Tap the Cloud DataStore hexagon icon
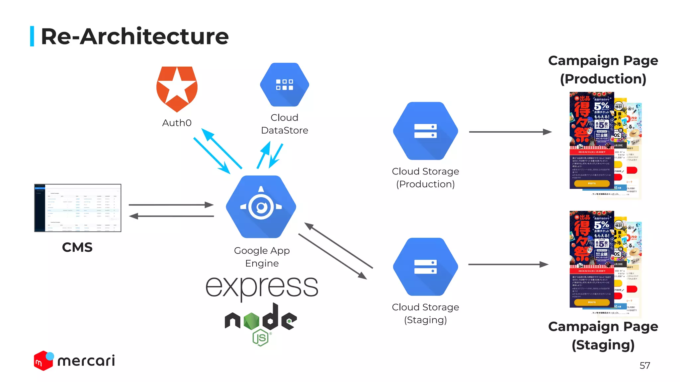pyautogui.click(x=285, y=85)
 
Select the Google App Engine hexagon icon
pyautogui.click(x=261, y=207)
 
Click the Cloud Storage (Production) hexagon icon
pyautogui.click(x=425, y=131)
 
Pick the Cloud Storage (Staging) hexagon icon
pyautogui.click(x=425, y=267)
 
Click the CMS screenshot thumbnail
pyautogui.click(x=78, y=208)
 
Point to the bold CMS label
pyautogui.click(x=77, y=247)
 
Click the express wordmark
pyautogui.click(x=262, y=287)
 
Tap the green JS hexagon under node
pyautogui.click(x=261, y=338)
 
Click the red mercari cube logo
pyautogui.click(x=43, y=361)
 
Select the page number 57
pyautogui.click(x=644, y=365)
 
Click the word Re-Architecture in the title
pyautogui.click(x=135, y=36)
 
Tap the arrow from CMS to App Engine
pyautogui.click(x=171, y=205)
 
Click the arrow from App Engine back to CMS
pyautogui.click(x=171, y=216)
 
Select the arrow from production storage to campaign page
pyautogui.click(x=510, y=132)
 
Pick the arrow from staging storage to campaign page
pyautogui.click(x=508, y=265)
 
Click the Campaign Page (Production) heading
pyautogui.click(x=603, y=70)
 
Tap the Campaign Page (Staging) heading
pyautogui.click(x=603, y=336)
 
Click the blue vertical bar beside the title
pyautogui.click(x=32, y=36)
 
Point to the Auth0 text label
pyautogui.click(x=177, y=123)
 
